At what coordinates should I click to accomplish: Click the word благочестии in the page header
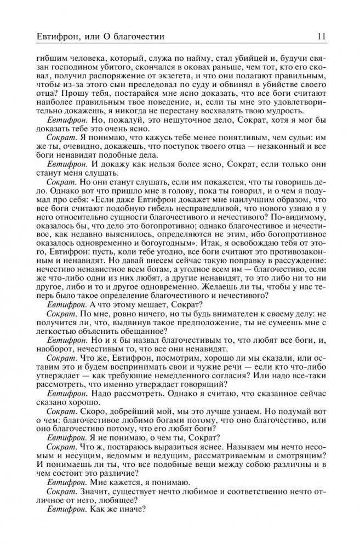click(x=136, y=37)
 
